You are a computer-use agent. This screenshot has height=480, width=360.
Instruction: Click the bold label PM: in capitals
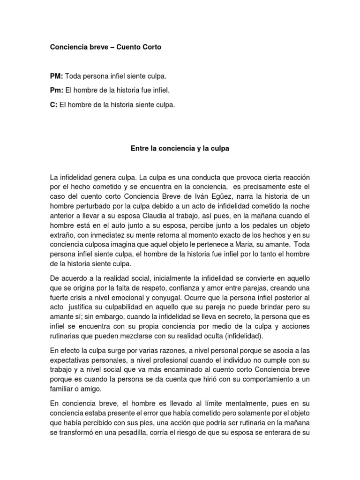pos(56,75)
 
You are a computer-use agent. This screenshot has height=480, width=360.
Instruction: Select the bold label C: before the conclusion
pos(53,105)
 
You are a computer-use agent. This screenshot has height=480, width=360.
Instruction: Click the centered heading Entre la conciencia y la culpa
pos(180,149)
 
